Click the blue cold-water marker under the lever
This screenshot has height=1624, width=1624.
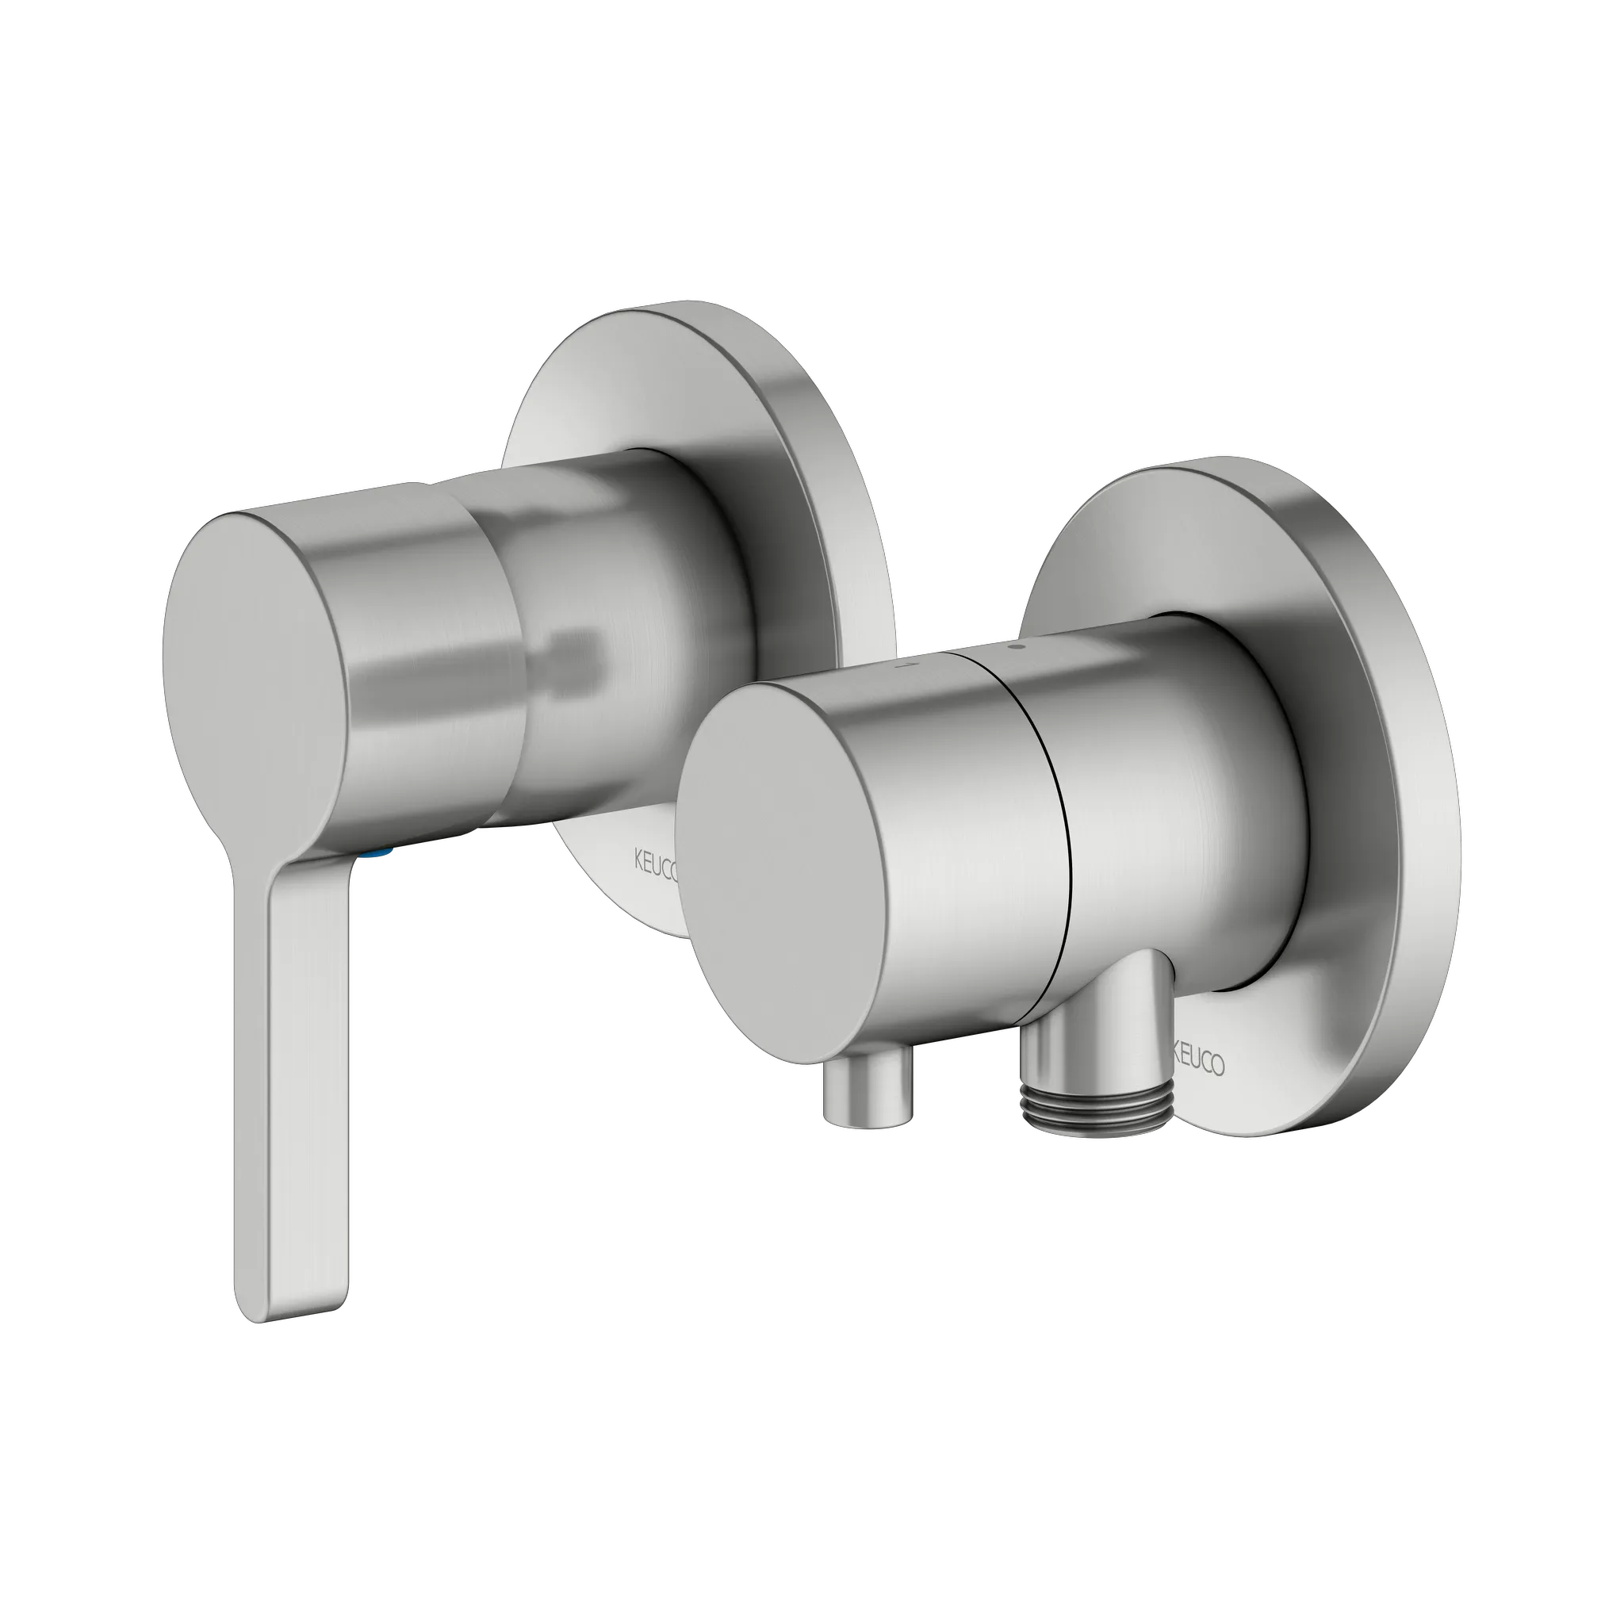pyautogui.click(x=374, y=852)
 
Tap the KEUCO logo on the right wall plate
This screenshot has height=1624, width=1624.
pyautogui.click(x=1200, y=1063)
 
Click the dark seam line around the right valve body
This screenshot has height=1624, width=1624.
pyautogui.click(x=1061, y=841)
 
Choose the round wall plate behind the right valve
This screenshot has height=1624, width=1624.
pyautogui.click(x=1378, y=756)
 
